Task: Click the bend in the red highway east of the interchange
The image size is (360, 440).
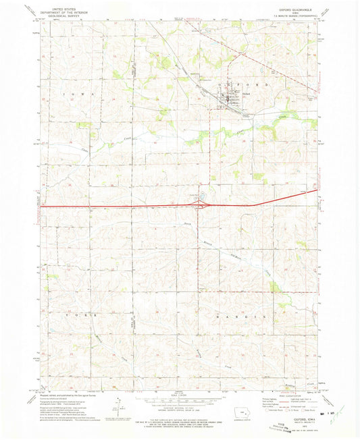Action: tap(251, 204)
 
